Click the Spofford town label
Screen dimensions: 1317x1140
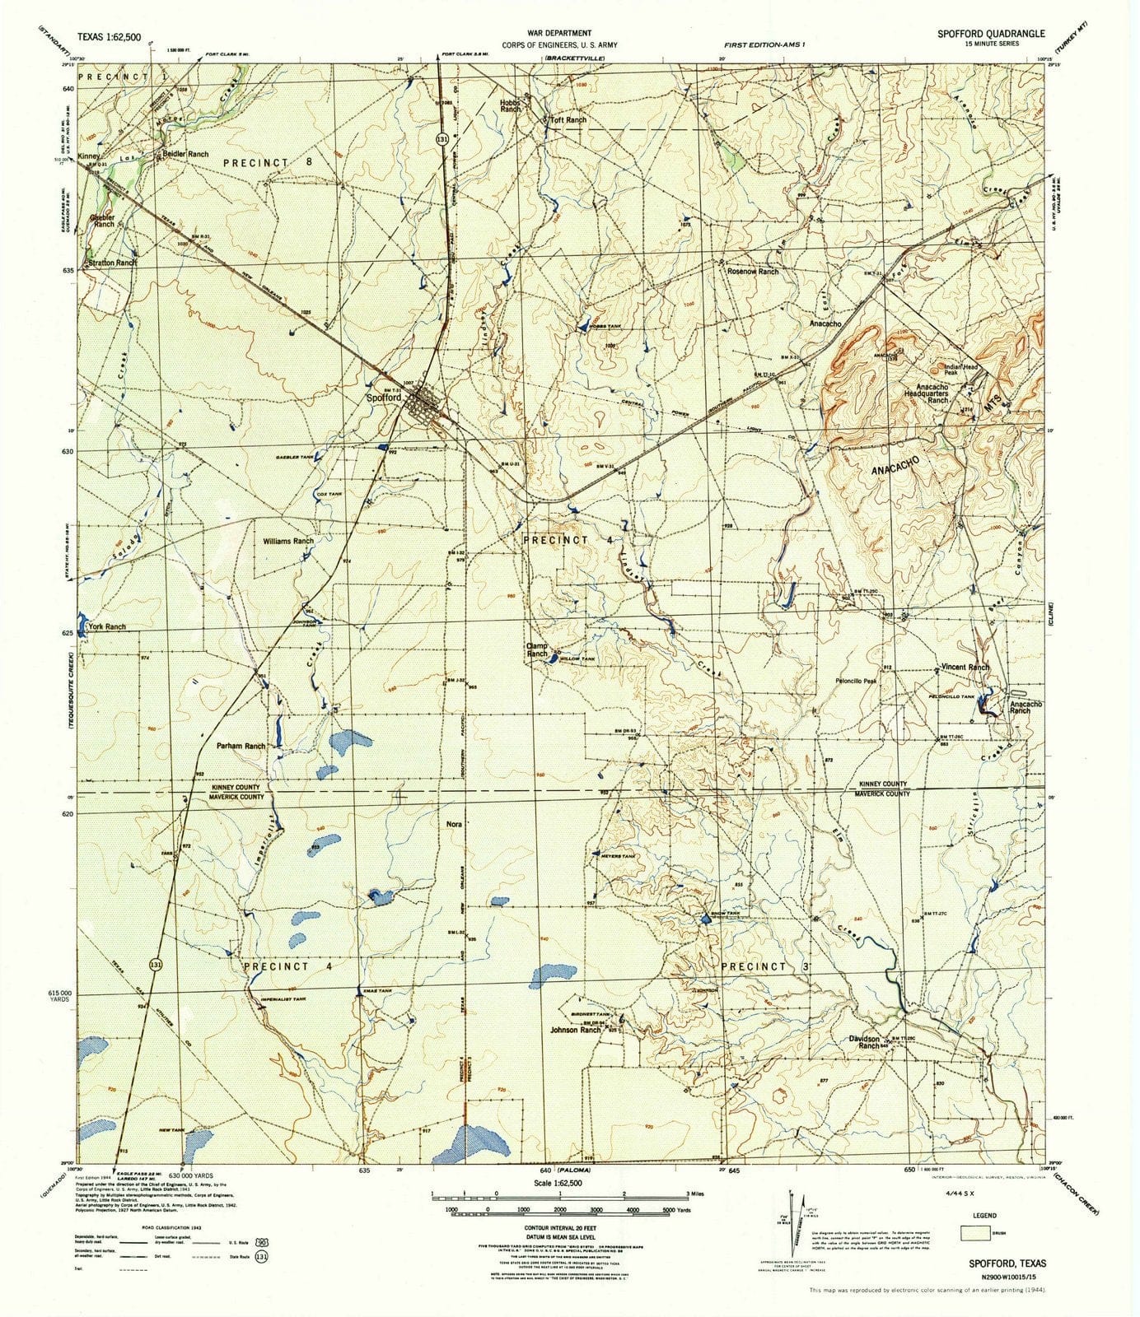click(x=383, y=398)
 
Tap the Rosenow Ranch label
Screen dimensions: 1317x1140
click(x=751, y=271)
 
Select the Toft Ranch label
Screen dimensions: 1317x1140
click(x=568, y=120)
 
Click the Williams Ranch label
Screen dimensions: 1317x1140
click(x=288, y=541)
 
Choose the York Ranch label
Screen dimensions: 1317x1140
click(x=107, y=626)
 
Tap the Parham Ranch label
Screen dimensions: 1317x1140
click(x=241, y=746)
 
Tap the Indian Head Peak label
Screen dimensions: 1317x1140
click(x=963, y=370)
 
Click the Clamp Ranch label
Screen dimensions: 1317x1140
click(x=537, y=649)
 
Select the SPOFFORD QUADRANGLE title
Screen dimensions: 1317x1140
click(x=990, y=34)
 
